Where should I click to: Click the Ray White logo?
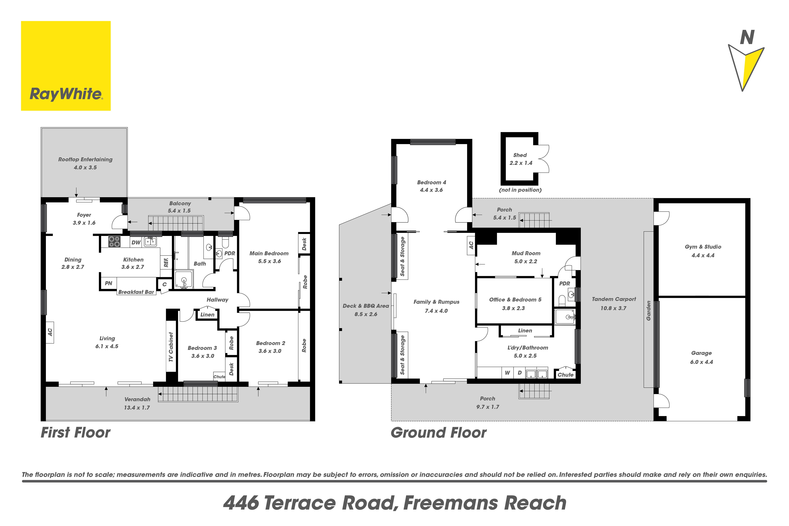(x=66, y=66)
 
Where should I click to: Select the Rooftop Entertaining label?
(x=85, y=159)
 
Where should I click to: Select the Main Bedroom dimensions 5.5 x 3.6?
(x=269, y=261)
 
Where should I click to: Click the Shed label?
(x=520, y=155)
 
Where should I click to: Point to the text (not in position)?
(x=520, y=190)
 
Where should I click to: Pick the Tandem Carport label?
(x=614, y=299)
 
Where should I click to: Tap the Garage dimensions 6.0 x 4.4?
(x=701, y=362)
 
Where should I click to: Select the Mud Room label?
(x=526, y=253)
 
